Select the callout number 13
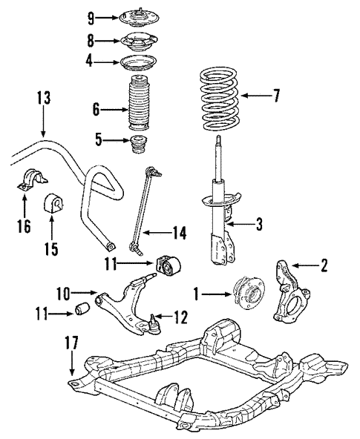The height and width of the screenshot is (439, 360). [x=44, y=98]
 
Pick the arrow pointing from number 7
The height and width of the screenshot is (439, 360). [x=256, y=96]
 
